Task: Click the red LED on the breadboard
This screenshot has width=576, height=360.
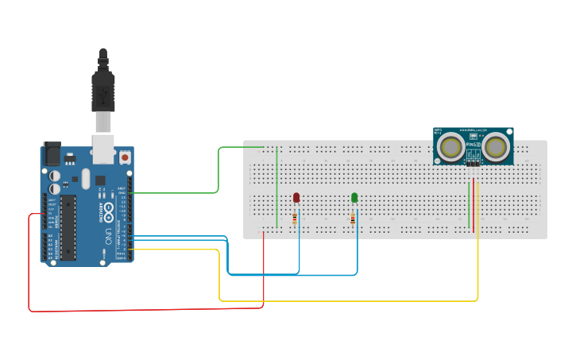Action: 296,197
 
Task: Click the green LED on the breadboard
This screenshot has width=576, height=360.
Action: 354,197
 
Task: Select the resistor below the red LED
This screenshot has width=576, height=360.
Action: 295,218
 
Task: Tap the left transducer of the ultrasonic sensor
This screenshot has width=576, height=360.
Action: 452,147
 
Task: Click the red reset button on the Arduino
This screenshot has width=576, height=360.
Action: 125,157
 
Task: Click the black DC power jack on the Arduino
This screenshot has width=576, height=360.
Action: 52,153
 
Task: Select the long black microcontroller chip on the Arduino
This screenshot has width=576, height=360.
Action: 68,227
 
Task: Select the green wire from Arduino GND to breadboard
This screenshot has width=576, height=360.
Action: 218,171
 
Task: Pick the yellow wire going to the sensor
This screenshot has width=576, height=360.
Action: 350,300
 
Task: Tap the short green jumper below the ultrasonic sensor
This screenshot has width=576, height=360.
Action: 470,207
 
